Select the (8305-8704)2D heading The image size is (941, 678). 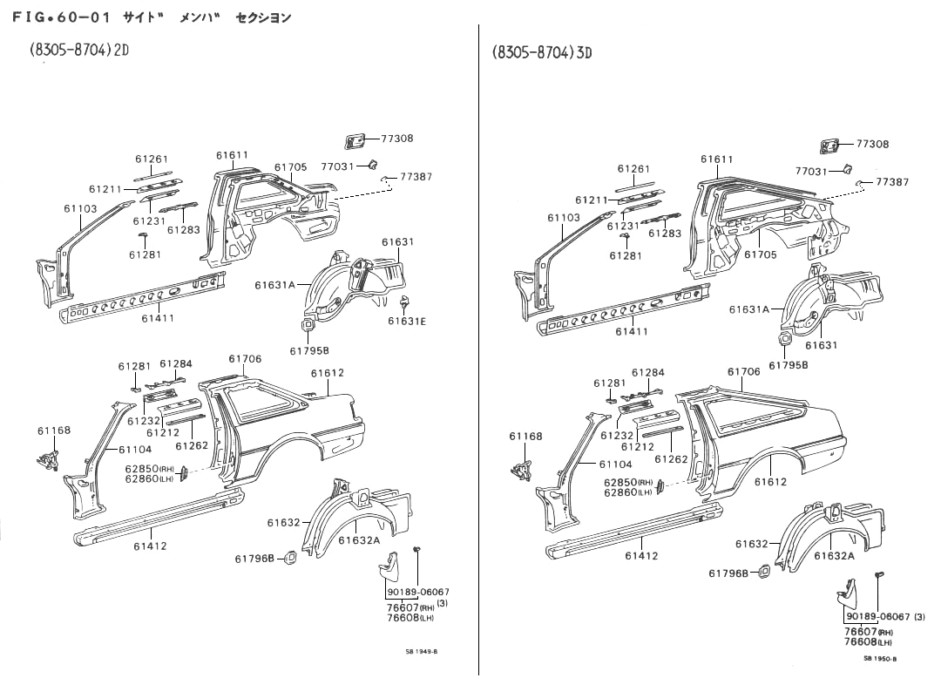[79, 50]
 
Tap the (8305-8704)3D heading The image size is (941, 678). [542, 51]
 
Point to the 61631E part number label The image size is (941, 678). [407, 321]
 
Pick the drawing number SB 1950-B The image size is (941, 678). [880, 659]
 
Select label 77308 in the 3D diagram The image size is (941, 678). [872, 144]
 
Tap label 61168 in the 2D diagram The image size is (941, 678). [54, 431]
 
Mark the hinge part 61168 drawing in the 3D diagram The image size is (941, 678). [522, 469]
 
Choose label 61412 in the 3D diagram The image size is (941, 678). [641, 555]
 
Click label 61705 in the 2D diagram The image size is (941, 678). [291, 167]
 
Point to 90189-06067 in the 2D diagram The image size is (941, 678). [418, 592]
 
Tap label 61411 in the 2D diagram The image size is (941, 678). [158, 318]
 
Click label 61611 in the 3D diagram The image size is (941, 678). [717, 159]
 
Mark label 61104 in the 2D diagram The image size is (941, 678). [135, 450]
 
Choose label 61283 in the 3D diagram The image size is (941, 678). [665, 234]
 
